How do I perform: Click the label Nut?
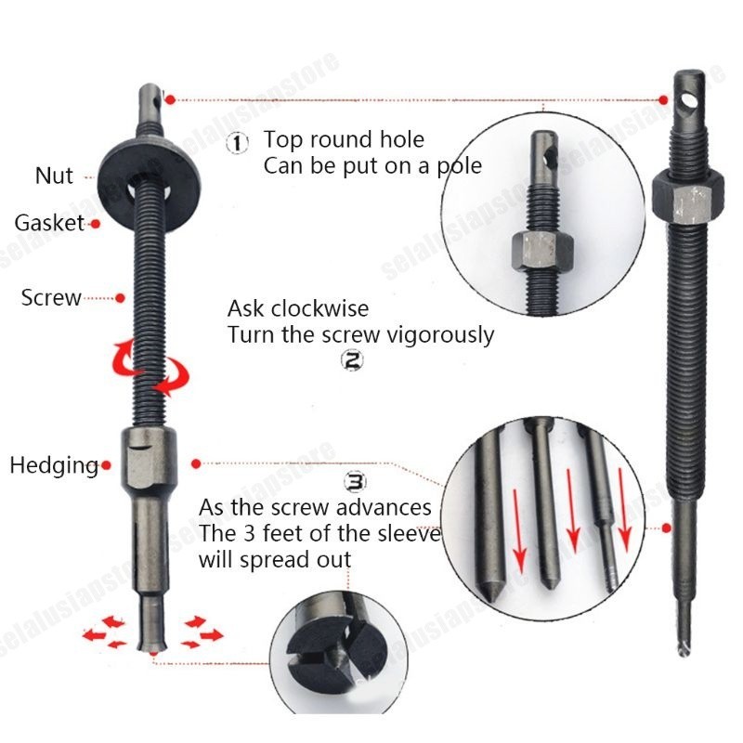pos(54,176)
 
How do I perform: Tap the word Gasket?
pos(49,223)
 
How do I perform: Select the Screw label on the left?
pos(51,298)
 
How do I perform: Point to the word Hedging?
pos(54,465)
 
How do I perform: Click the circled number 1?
pos(239,143)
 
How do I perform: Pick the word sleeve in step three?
pos(411,534)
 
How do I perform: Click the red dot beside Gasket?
pos(93,224)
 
